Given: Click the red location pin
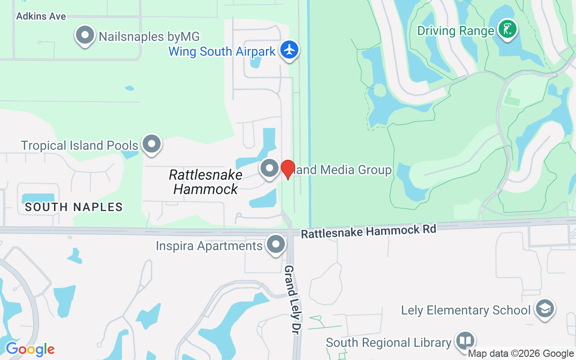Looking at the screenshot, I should [x=288, y=169].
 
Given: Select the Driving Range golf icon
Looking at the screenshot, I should [x=508, y=30].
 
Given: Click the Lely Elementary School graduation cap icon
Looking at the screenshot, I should [x=545, y=309].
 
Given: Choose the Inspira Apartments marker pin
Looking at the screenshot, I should [x=276, y=245].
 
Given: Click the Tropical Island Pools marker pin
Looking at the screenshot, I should [x=152, y=144].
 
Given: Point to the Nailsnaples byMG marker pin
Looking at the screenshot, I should [x=85, y=35].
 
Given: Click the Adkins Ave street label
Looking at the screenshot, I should [x=41, y=16].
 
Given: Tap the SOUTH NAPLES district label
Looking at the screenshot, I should [x=74, y=207].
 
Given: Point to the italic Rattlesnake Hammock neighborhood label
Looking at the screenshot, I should [x=206, y=182].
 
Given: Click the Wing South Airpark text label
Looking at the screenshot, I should [x=222, y=51].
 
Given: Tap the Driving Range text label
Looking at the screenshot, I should [x=456, y=31].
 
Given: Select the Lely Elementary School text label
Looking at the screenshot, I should [x=466, y=310].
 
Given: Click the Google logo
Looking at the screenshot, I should [x=30, y=349].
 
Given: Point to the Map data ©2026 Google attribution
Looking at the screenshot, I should [x=521, y=354].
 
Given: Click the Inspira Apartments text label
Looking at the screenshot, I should [x=209, y=246].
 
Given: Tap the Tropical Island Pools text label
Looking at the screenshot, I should [x=80, y=145].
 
